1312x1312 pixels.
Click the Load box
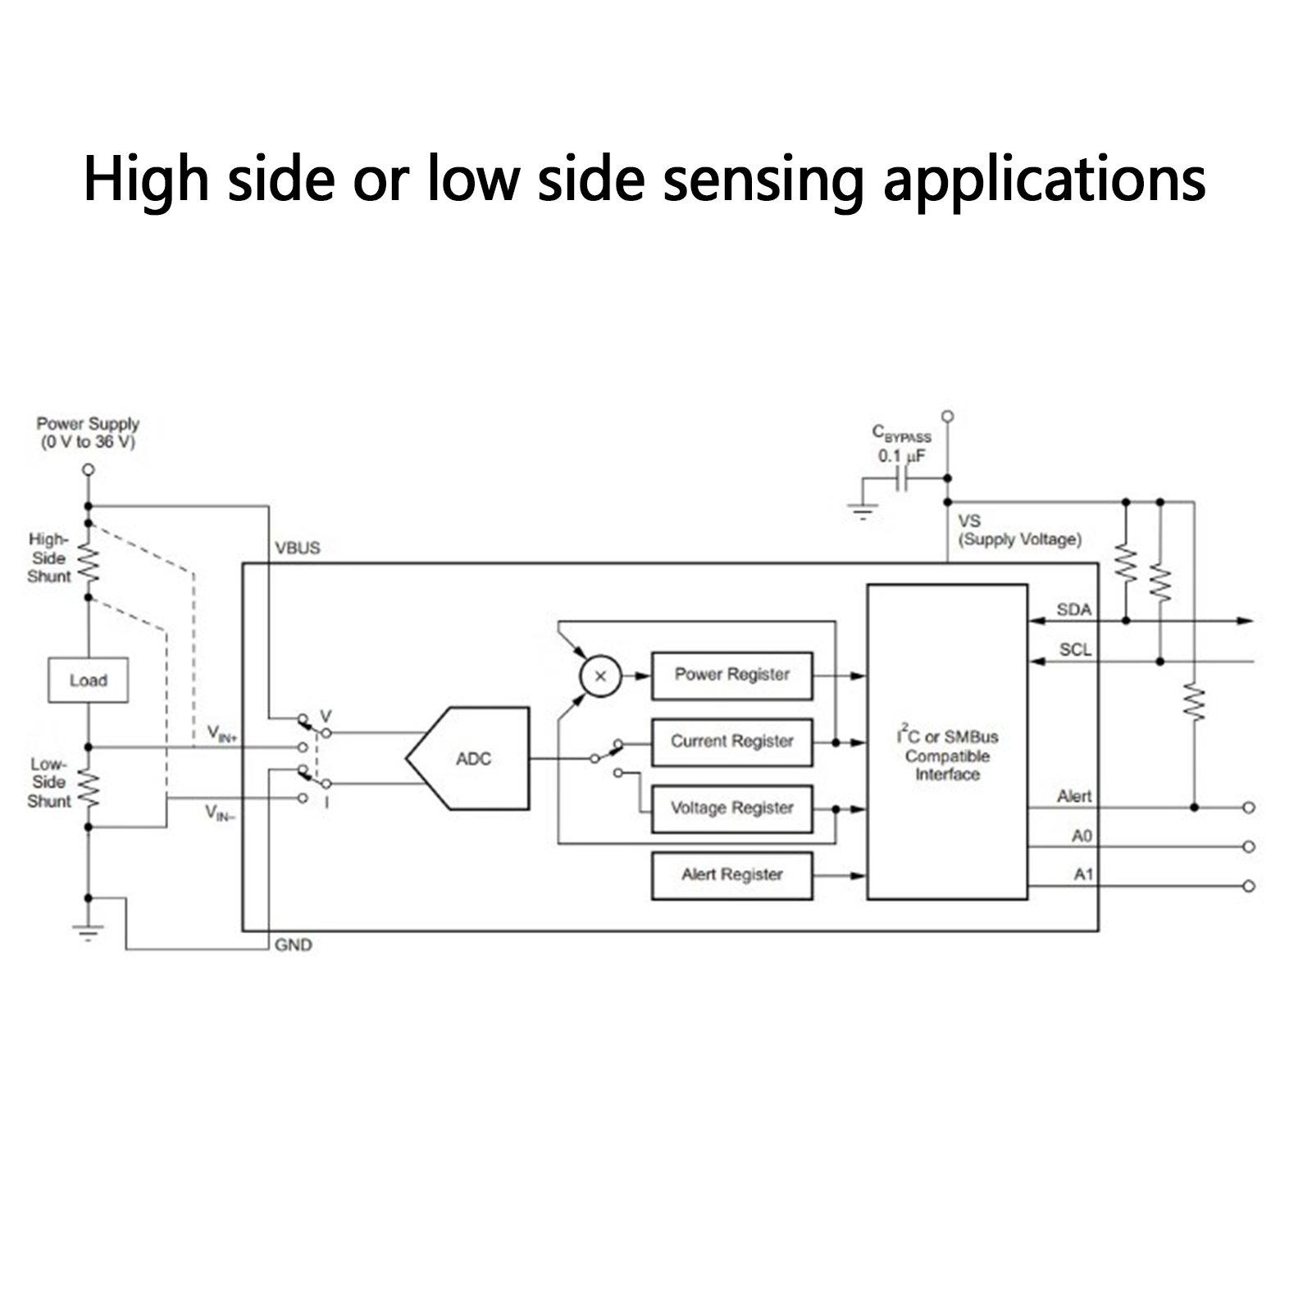pyautogui.click(x=88, y=680)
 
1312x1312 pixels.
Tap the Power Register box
pyautogui.click(x=731, y=676)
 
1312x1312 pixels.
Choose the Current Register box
pyautogui.click(x=731, y=742)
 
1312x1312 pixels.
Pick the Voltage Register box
pyautogui.click(x=731, y=809)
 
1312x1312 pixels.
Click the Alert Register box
pyautogui.click(x=731, y=875)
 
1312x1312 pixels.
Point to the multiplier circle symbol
pyautogui.click(x=600, y=676)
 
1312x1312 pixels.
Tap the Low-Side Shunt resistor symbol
pyautogui.click(x=89, y=789)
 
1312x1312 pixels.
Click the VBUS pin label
pyautogui.click(x=298, y=548)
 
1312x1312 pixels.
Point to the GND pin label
pyautogui.click(x=293, y=945)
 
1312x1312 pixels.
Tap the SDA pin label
pyautogui.click(x=1073, y=609)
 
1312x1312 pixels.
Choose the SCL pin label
pyautogui.click(x=1075, y=649)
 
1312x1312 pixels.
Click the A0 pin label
pyautogui.click(x=1082, y=836)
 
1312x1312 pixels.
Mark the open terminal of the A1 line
pyautogui.click(x=1248, y=886)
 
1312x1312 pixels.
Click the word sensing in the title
pyautogui.click(x=763, y=179)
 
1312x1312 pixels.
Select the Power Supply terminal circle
pyautogui.click(x=89, y=470)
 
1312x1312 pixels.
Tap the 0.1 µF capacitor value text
pyautogui.click(x=901, y=456)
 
